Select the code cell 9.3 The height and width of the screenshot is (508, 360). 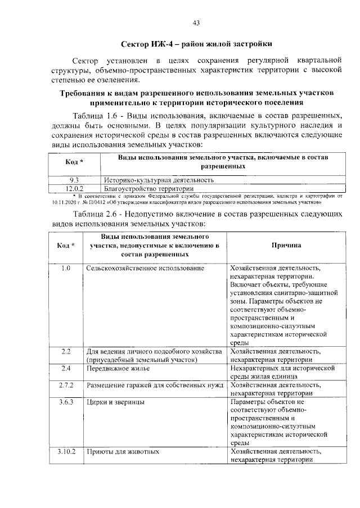tap(74, 180)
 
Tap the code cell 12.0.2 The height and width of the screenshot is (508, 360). tap(74, 188)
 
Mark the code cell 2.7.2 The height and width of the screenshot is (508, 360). tap(66, 385)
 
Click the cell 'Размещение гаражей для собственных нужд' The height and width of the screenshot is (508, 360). tap(155, 385)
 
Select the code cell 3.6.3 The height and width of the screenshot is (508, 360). tap(66, 402)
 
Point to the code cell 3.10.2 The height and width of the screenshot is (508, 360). tap(66, 452)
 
